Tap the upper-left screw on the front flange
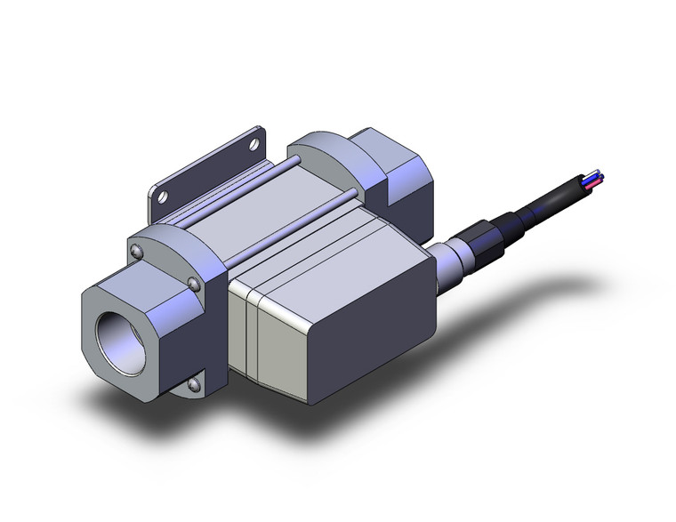tap(135, 253)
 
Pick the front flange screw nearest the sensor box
tap(194, 284)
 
